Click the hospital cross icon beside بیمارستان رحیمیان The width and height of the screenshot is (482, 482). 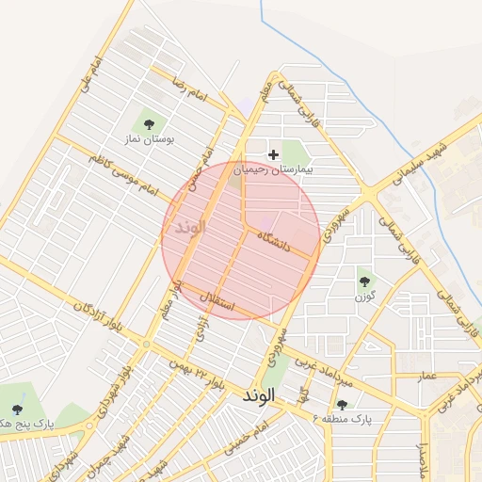click(x=274, y=153)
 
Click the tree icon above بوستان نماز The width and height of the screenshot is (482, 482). click(x=147, y=122)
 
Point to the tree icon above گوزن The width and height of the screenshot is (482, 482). click(x=364, y=280)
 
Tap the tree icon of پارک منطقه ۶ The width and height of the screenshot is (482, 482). click(x=342, y=405)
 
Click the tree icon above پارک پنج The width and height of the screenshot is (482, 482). click(x=18, y=410)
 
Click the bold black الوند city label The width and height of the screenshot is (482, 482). click(x=256, y=396)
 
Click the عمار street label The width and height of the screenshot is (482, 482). click(x=429, y=375)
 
